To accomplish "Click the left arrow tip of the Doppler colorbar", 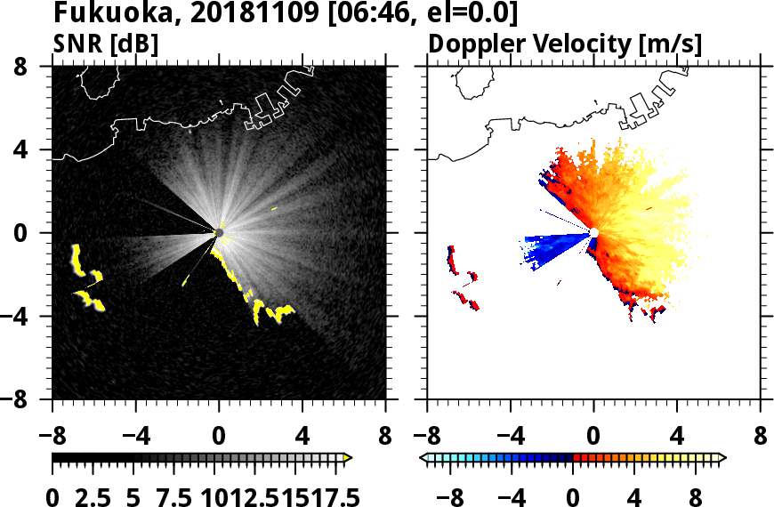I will pos(423,457).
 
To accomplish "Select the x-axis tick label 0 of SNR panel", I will pos(219,438).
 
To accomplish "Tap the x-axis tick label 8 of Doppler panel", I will pos(761,438).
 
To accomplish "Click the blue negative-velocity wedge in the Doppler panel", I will pos(552,245).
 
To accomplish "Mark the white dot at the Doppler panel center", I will pos(594,233).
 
